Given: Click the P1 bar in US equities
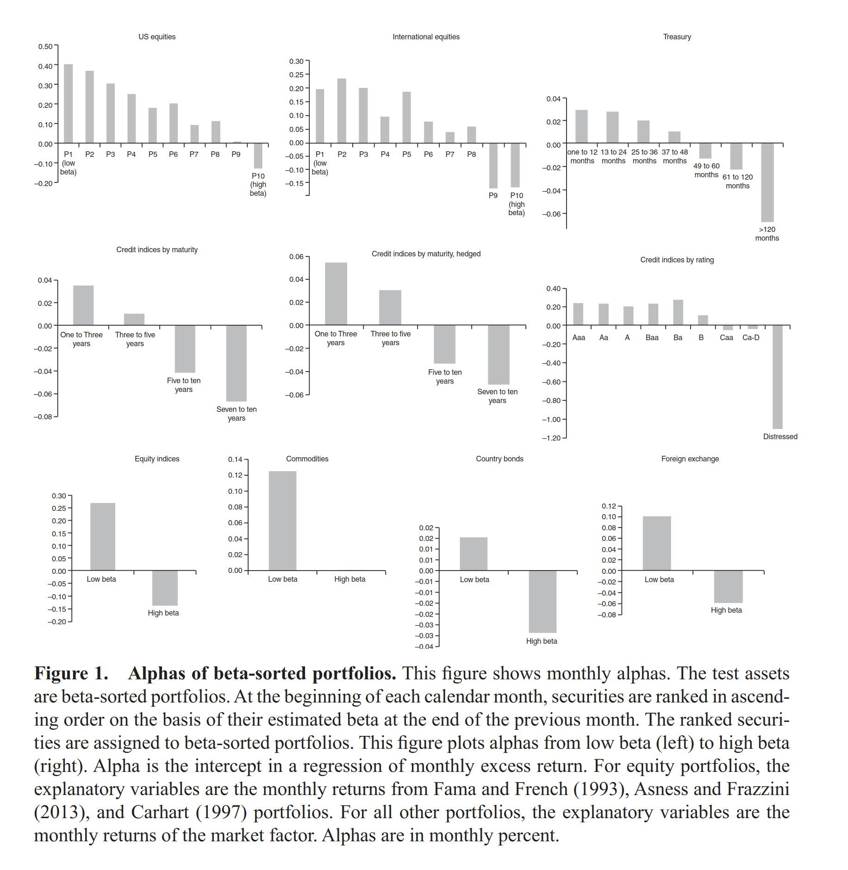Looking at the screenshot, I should (69, 104).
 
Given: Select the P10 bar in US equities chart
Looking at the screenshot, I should (258, 155).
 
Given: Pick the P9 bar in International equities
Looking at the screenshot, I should (493, 165).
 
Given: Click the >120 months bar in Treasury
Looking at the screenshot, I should (767, 182).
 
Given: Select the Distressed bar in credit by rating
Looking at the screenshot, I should (777, 377).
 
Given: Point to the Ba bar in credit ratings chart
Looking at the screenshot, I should (678, 312).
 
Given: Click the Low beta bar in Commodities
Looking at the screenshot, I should (282, 521).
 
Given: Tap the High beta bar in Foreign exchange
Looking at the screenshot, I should (728, 586).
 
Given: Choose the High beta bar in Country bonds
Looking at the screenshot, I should (542, 601).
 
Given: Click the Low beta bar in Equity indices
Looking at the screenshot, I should (102, 536).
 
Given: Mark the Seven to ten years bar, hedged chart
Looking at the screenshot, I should (498, 354).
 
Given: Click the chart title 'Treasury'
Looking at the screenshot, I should (676, 37).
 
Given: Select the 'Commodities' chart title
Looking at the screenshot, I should (307, 459).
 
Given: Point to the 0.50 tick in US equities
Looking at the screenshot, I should (45, 46).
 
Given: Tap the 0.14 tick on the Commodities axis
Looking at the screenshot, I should (235, 460).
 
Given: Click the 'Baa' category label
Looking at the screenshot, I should (652, 338).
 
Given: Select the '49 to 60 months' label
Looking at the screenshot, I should (706, 170).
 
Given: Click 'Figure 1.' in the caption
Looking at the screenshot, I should (71, 673).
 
